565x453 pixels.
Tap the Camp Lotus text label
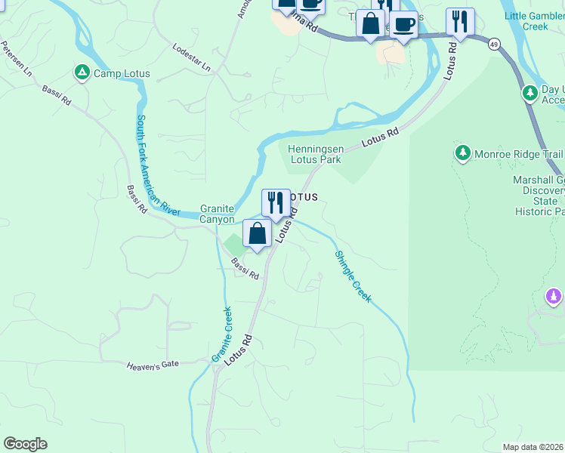pyautogui.click(x=122, y=74)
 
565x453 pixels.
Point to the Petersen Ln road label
pyautogui.click(x=16, y=59)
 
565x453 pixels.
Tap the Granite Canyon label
pyautogui.click(x=217, y=214)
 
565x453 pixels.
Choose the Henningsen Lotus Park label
pyautogui.click(x=315, y=154)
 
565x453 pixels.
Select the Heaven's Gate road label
pyautogui.click(x=153, y=364)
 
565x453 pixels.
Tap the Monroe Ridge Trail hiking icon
pyautogui.click(x=463, y=153)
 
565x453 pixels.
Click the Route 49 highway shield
pyautogui.click(x=493, y=44)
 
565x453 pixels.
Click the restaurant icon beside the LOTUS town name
pyautogui.click(x=276, y=203)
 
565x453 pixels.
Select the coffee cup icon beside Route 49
pyautogui.click(x=403, y=25)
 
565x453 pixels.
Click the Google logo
pyautogui.click(x=25, y=444)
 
